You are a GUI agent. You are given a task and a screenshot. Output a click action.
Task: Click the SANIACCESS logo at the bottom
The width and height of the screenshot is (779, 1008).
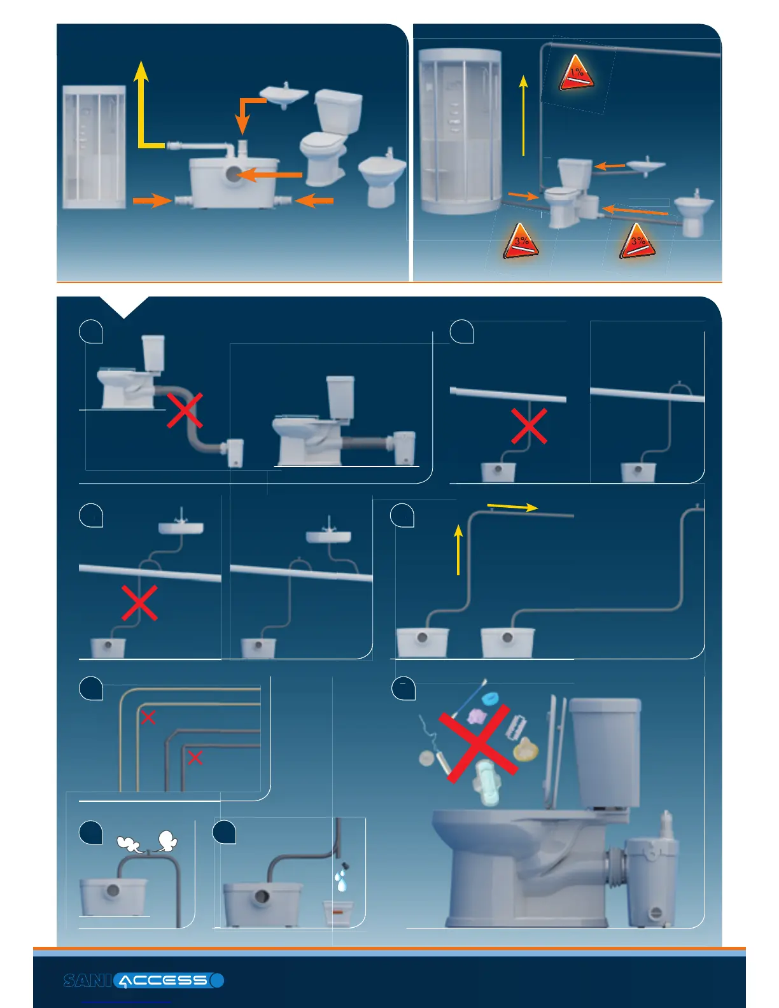click(144, 980)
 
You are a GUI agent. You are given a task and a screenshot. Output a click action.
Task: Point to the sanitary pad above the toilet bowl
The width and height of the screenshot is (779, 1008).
click(488, 781)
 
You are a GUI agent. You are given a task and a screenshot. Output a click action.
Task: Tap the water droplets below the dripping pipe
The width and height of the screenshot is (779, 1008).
click(341, 881)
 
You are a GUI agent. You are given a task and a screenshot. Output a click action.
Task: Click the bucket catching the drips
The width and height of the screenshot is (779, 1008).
click(337, 913)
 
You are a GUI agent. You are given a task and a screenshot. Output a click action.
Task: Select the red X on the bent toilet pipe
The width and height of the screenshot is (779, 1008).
click(185, 410)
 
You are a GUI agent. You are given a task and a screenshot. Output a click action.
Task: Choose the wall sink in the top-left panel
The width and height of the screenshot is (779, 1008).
click(284, 95)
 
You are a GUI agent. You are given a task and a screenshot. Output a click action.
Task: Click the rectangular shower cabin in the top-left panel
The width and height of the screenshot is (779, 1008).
click(94, 148)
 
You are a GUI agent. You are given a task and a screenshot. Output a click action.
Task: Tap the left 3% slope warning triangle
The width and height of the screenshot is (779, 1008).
click(521, 242)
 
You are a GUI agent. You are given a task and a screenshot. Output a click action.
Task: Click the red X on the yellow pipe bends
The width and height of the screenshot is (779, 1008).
click(148, 718)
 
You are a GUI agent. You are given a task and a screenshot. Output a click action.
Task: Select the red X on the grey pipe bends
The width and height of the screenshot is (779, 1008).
click(195, 757)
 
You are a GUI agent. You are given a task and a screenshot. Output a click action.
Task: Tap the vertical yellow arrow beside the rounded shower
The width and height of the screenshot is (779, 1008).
click(523, 115)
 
